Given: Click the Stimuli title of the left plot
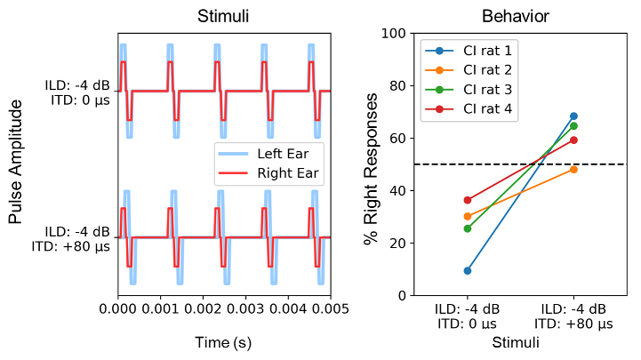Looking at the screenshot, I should (x=224, y=16).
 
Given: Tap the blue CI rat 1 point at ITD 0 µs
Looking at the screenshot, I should (x=468, y=270).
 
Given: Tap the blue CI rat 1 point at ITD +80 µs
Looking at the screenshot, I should (x=573, y=116).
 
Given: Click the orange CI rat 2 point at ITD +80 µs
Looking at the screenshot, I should (x=573, y=169).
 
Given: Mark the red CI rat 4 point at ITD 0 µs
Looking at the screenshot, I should (x=468, y=200).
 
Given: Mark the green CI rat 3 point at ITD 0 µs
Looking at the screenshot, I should (x=468, y=228).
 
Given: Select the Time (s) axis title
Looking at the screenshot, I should (x=224, y=342).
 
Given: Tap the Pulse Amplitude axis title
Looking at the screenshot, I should (x=16, y=163).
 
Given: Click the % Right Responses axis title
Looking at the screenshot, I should (x=372, y=164).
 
